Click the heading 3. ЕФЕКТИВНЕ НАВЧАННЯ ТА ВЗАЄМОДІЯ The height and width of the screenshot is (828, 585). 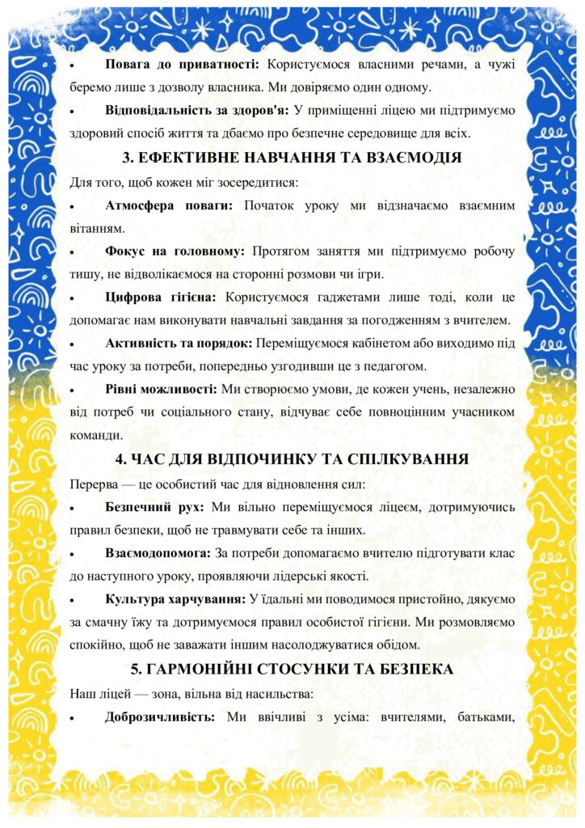(292, 158)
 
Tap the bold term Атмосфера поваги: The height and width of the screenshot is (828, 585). (169, 206)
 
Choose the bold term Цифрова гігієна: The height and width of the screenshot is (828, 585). (162, 298)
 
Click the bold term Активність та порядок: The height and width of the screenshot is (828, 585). (180, 344)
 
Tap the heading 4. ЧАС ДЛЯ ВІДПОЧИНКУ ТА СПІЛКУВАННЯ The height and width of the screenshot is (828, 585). (292, 460)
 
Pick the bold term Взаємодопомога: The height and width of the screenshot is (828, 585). (157, 554)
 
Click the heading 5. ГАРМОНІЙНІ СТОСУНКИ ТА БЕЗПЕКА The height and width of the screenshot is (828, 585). (292, 670)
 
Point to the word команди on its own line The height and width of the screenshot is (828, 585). (98, 436)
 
